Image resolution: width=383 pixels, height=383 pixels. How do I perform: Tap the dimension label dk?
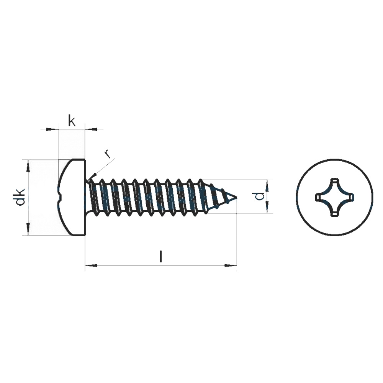point(20,197)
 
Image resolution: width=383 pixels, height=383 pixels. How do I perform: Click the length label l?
point(160,256)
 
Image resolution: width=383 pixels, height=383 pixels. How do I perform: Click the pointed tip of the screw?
point(236,197)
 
